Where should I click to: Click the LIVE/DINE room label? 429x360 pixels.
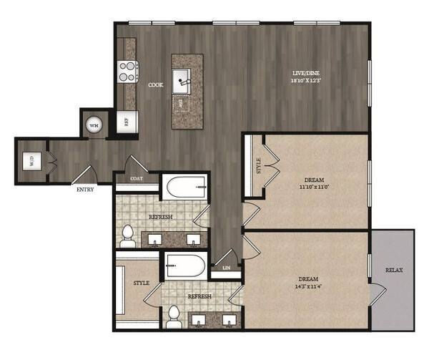point(307,74)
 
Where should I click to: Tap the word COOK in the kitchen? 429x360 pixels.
point(155,85)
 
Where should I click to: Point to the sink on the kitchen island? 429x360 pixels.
point(183,77)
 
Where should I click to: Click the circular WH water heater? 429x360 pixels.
point(93,125)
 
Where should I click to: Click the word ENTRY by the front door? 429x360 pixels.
point(84,190)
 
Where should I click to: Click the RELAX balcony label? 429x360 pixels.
point(393,271)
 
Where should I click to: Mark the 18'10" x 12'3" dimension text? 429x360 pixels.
point(307,82)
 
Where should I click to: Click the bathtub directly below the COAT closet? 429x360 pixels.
point(185,190)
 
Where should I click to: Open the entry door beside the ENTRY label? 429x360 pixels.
point(86,174)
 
